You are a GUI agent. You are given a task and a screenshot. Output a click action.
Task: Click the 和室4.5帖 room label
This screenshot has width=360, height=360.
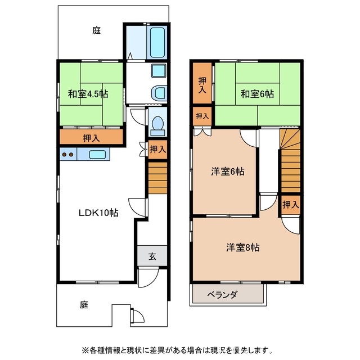click(x=89, y=94)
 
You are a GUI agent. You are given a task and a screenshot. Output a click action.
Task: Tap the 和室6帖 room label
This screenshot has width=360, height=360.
click(x=257, y=94)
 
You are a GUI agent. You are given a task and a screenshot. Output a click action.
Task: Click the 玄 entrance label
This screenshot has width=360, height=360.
click(x=152, y=256)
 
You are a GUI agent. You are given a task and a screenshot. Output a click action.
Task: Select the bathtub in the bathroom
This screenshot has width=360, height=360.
click(x=157, y=42)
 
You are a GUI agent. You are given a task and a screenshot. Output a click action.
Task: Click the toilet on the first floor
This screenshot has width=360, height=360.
click(x=157, y=123)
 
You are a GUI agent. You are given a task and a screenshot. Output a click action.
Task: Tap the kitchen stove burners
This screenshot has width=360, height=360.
click(x=68, y=154)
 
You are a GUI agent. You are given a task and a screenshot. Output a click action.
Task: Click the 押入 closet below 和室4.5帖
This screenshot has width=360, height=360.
click(x=89, y=137)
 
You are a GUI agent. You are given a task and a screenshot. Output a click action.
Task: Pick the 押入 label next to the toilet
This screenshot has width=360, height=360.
click(x=157, y=149)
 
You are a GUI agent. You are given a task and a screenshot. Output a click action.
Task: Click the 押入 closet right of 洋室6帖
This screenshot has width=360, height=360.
click(x=290, y=205)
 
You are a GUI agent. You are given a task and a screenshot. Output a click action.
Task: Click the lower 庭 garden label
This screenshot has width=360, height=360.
click(x=84, y=305)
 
